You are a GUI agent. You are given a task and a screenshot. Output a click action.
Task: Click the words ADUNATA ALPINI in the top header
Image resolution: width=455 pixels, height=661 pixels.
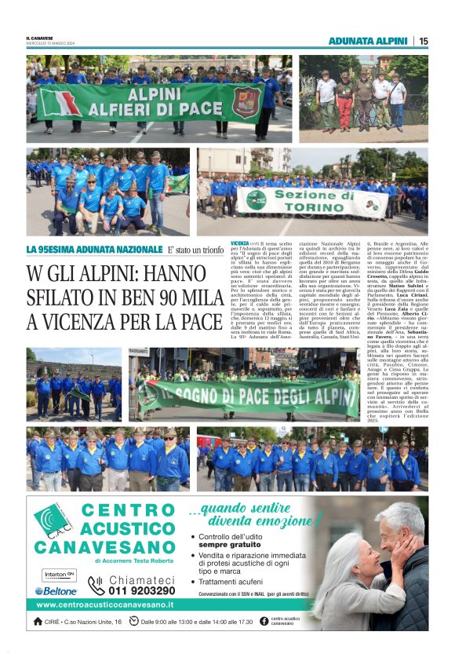[x=368, y=41]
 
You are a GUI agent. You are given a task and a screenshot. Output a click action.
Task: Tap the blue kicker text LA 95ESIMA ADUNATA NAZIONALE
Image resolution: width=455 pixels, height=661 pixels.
[x=89, y=250]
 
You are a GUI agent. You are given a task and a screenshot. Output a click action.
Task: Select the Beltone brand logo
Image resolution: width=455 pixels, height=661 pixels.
[x=56, y=590]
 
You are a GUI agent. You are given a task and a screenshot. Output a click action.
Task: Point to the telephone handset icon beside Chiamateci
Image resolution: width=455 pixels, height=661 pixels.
[x=96, y=585]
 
